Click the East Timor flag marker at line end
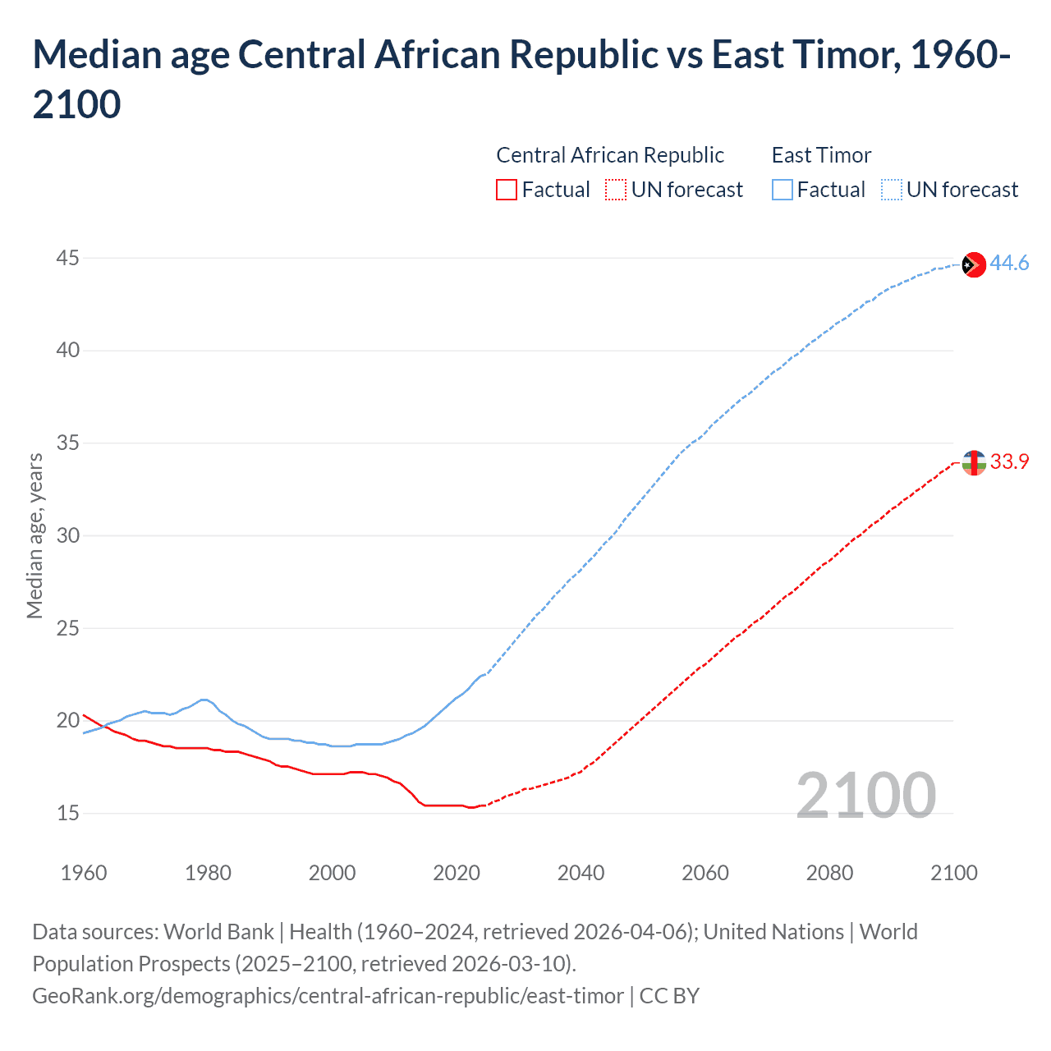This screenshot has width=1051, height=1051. click(973, 264)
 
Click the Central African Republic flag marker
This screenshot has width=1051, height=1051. click(973, 463)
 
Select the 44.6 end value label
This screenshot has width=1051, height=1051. click(1009, 264)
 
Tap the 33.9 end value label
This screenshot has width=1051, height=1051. click(1009, 462)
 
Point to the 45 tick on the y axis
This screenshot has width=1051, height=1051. click(67, 259)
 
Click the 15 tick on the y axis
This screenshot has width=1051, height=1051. click(67, 814)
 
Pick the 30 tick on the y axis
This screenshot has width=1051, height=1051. click(67, 536)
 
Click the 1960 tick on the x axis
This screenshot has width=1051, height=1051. click(84, 873)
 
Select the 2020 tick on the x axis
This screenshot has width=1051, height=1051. click(457, 873)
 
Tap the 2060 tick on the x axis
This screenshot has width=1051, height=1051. click(705, 873)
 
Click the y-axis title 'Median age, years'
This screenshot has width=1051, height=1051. click(34, 535)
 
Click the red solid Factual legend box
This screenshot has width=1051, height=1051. click(507, 190)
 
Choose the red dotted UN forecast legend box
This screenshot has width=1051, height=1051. click(616, 190)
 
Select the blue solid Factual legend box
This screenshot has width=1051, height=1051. click(782, 190)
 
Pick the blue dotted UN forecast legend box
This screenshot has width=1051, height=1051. click(891, 190)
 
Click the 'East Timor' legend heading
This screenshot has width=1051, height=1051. click(821, 155)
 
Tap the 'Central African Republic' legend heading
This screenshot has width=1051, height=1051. click(610, 155)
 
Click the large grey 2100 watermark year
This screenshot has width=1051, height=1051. click(865, 796)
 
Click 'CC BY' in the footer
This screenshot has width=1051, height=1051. click(669, 996)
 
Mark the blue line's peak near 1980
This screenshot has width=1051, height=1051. click(204, 700)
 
